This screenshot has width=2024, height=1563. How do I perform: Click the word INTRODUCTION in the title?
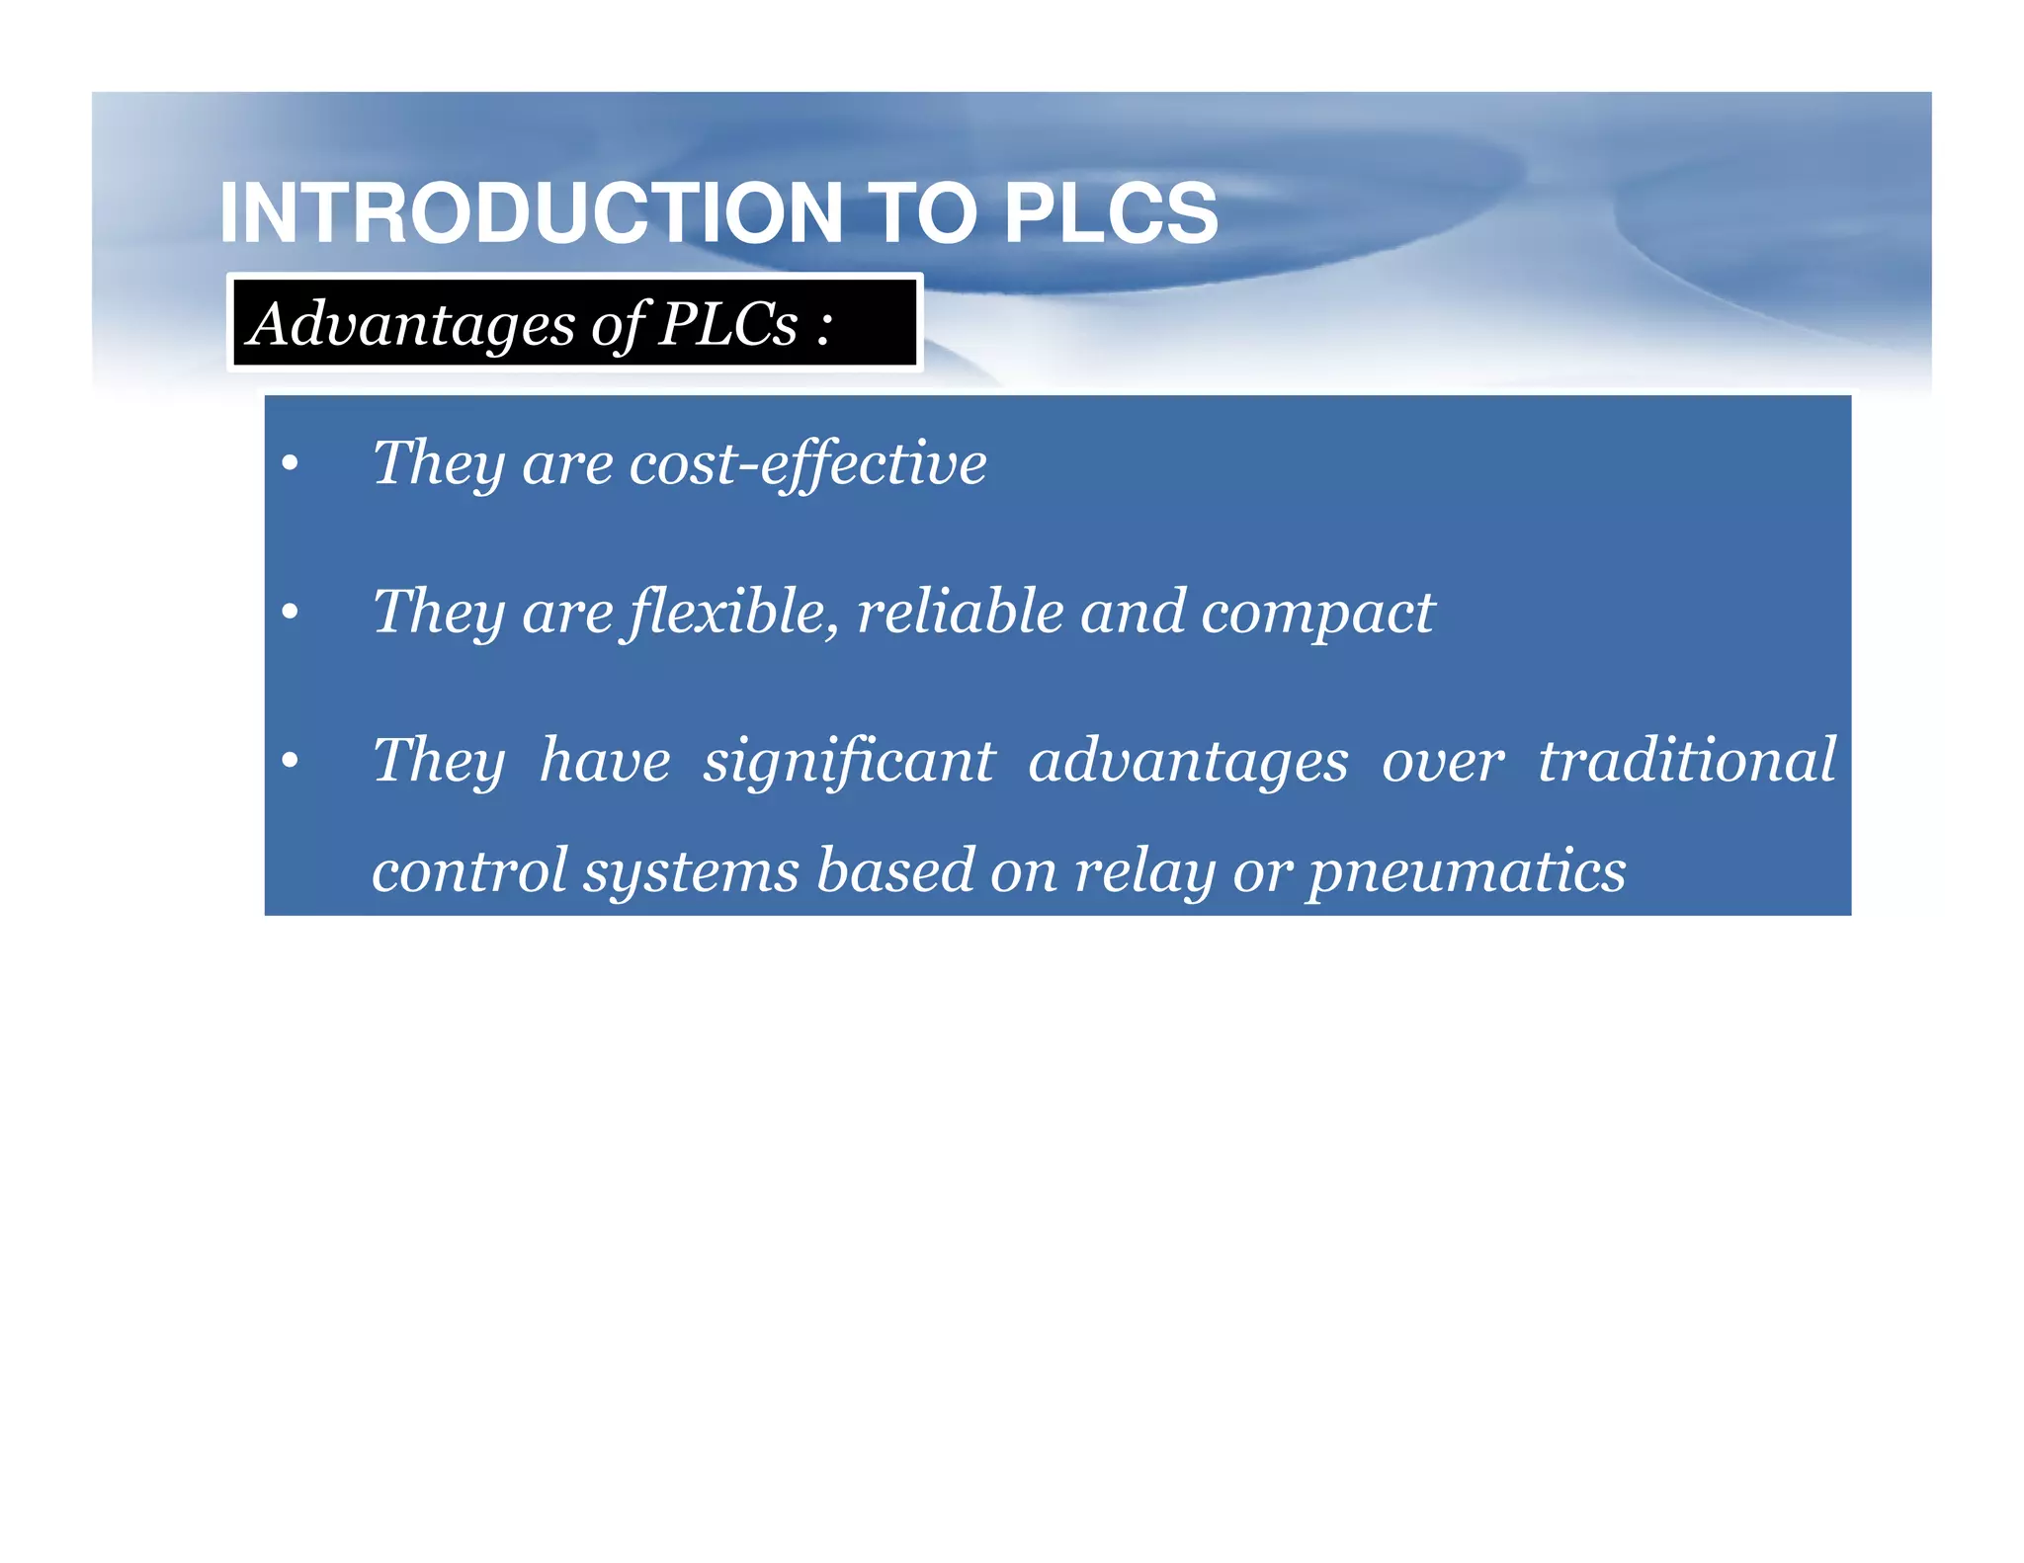pos(531,212)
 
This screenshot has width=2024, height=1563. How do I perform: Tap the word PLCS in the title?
pos(1110,212)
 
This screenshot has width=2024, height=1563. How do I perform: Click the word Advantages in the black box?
pos(411,324)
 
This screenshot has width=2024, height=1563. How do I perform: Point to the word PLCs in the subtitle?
pos(728,324)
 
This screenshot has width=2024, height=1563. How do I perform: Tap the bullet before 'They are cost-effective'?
pos(290,464)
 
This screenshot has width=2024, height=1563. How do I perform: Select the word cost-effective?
pos(807,463)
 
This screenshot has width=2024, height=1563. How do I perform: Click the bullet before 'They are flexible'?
pos(290,614)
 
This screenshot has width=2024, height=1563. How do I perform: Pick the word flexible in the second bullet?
pos(733,613)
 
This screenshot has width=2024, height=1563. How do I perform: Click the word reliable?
pos(960,612)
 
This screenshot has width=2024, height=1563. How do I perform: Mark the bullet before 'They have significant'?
pos(290,762)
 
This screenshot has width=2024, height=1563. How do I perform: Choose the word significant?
pos(849,762)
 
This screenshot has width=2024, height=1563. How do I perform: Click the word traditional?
pos(1686,760)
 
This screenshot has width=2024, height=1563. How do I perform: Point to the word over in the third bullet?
pos(1443,762)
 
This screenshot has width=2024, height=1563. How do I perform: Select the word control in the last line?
pos(469,870)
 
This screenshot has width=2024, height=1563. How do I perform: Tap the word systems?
pos(691,872)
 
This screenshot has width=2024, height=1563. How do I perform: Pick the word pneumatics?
pos(1468,872)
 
